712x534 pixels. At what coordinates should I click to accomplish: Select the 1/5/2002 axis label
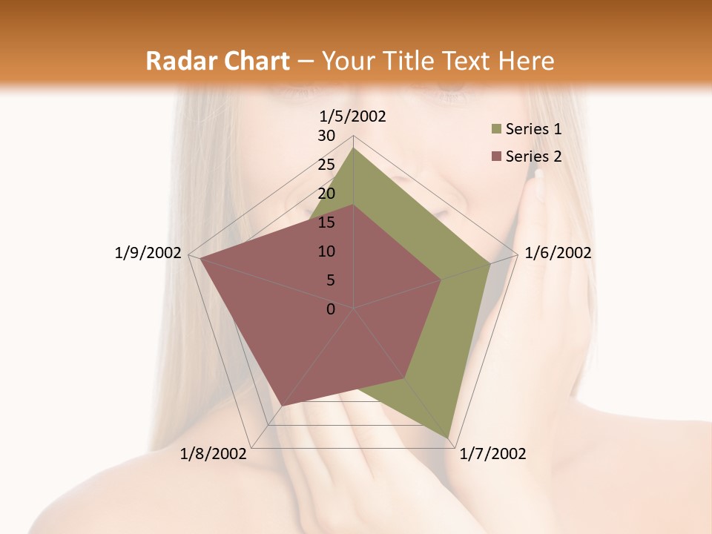point(352,116)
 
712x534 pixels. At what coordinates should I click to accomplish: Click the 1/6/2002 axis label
point(558,253)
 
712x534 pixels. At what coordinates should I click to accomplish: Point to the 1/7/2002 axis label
point(493,454)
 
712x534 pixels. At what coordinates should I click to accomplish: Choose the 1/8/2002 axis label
point(214,454)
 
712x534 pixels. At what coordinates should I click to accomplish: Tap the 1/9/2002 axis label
point(148,253)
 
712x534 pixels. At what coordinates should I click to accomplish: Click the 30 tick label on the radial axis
point(326,136)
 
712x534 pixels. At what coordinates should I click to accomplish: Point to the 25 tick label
point(326,165)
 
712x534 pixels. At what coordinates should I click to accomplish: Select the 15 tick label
point(326,222)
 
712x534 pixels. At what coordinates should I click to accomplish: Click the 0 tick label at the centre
point(331,309)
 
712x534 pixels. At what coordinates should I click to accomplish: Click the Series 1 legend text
point(533,129)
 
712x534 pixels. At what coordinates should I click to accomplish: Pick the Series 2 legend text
point(533,156)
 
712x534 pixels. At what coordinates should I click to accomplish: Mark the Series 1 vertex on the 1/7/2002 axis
point(449,438)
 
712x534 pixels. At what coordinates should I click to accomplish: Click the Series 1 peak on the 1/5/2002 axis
point(354,148)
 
